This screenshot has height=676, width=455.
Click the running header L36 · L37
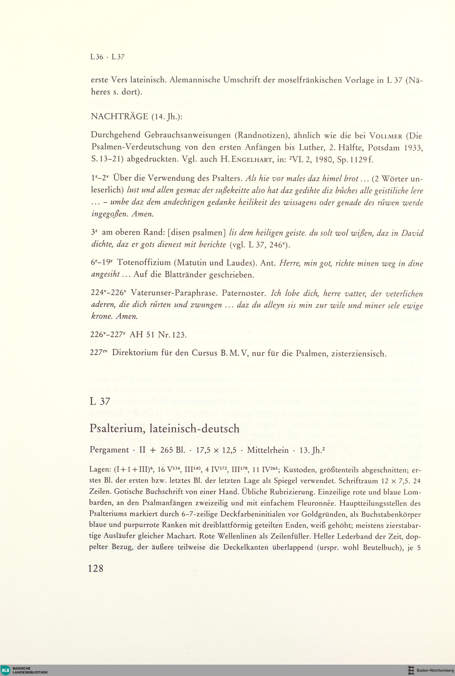click(x=107, y=57)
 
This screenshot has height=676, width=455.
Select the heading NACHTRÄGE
click(x=119, y=117)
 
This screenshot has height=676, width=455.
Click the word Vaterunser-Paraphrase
click(x=174, y=293)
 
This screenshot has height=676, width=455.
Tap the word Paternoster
click(x=244, y=293)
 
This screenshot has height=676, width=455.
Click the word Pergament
click(x=109, y=450)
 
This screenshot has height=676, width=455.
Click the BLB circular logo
click(x=5, y=670)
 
